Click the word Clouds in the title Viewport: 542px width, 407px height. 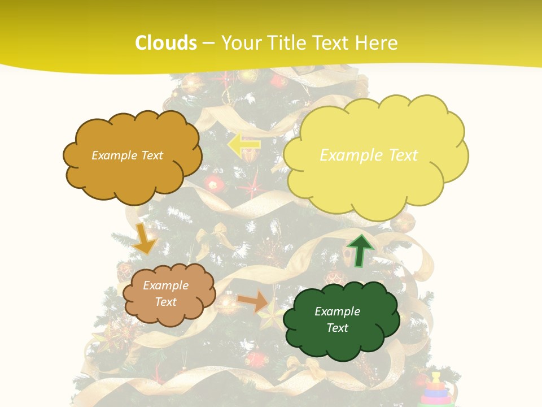pos(166,43)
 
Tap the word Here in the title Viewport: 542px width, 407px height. pos(378,43)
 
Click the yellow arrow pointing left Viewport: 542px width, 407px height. pos(244,145)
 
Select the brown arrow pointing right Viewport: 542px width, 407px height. pos(253,302)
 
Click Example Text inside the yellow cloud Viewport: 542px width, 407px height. pos(369,155)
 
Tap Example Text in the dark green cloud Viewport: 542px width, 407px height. pos(337,319)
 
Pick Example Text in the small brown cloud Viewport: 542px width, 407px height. pos(165,293)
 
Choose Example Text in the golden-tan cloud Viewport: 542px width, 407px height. pos(127,155)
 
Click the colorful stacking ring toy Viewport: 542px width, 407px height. pos(437,390)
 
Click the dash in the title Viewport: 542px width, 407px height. pos(208,43)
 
